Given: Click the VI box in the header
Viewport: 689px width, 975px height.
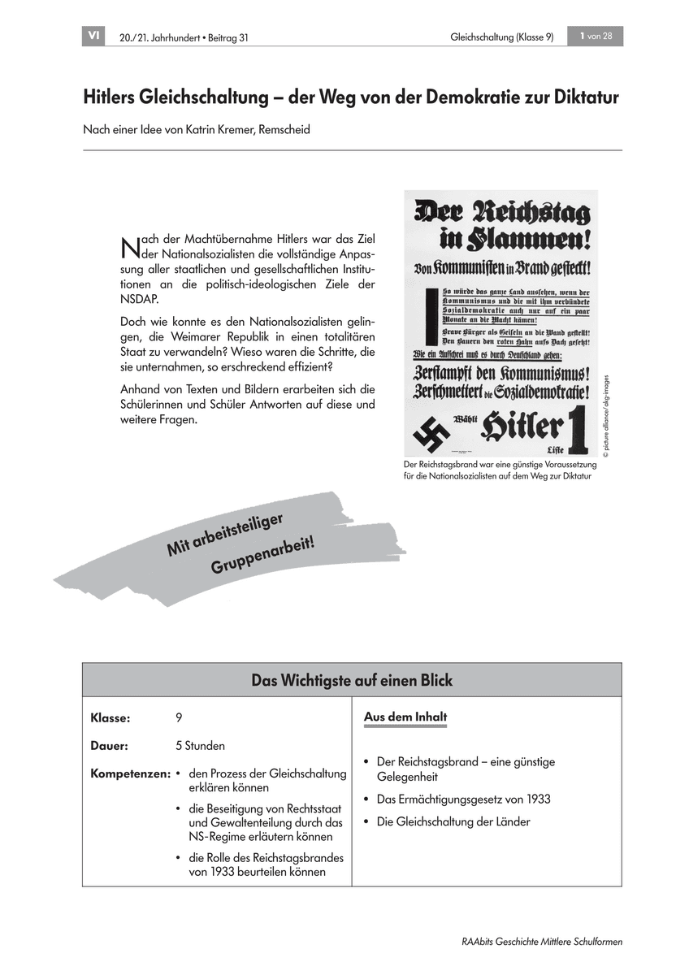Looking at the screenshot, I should point(93,37).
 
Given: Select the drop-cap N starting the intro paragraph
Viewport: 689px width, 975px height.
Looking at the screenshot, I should point(128,245).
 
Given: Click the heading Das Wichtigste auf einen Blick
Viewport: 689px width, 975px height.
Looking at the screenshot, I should point(352,680).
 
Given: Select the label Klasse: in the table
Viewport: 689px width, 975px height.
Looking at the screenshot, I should point(110,718).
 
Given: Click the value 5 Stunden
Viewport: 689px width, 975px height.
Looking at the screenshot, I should point(200,745).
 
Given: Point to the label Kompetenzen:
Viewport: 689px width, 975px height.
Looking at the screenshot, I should point(130,773).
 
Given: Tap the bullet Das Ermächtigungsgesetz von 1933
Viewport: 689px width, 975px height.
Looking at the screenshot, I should point(463,799).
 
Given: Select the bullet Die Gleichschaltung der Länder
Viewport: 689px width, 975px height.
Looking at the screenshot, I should point(453,821).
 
